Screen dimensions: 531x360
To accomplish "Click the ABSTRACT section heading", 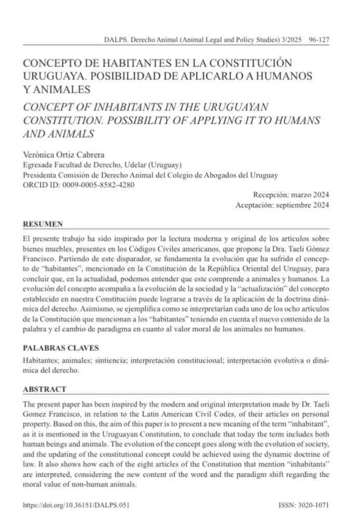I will pyautogui.click(x=45, y=389).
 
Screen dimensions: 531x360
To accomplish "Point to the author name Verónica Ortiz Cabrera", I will pyautogui.click(x=63, y=155).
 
